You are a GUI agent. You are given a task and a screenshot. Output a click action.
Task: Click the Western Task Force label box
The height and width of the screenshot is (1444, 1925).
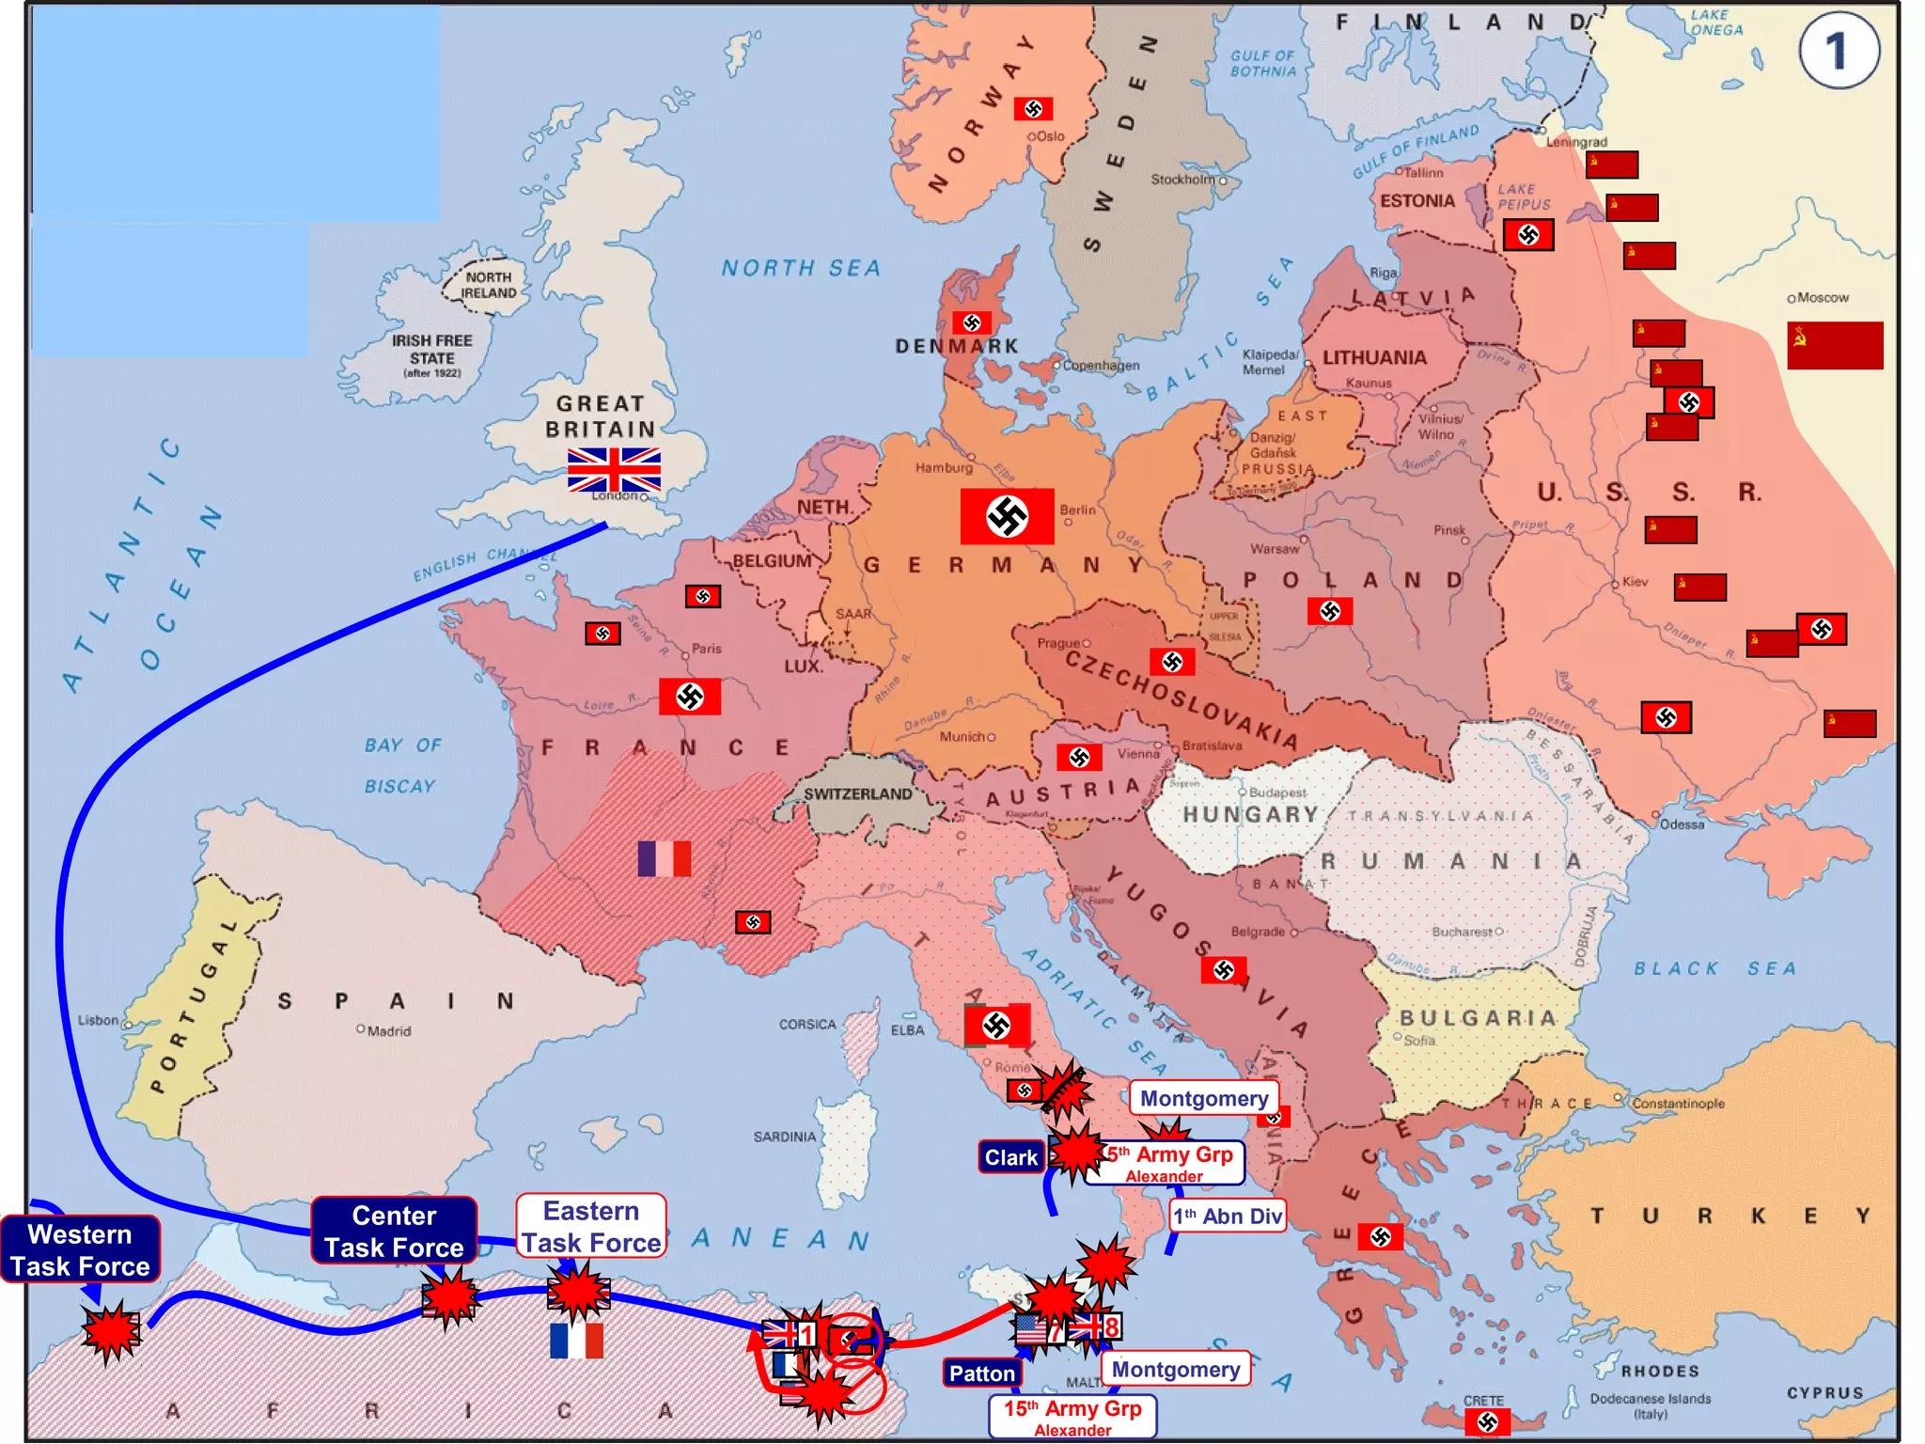80,1249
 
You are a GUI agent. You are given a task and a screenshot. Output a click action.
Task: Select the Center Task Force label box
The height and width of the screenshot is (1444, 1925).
394,1231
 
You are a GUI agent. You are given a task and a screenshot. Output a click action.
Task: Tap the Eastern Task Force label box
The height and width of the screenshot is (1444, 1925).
591,1226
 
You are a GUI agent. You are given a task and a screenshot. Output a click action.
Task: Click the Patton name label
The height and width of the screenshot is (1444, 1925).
982,1373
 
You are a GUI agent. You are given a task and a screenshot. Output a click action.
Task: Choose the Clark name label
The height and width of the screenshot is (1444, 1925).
1011,1157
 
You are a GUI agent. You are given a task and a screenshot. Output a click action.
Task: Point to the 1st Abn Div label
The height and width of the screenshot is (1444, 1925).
1228,1216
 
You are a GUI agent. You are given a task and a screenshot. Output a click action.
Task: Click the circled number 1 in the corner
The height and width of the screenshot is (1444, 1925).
1838,51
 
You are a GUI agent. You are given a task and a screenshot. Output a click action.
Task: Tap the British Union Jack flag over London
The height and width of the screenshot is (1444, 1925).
614,470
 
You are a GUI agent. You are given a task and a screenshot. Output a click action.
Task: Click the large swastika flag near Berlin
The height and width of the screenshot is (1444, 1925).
1007,516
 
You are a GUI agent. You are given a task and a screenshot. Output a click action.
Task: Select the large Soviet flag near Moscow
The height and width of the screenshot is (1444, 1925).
1834,345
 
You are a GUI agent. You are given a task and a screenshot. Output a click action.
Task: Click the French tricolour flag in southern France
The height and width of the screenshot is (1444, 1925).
665,858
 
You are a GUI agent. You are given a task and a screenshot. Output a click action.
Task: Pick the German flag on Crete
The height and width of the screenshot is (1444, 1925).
1487,1421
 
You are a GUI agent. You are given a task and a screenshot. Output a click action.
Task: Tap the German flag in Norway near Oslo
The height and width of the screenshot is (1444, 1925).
1033,109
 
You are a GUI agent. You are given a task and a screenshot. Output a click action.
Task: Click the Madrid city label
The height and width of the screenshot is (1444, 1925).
388,1031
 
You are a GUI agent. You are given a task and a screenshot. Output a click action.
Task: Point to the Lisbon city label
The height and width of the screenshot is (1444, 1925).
99,1020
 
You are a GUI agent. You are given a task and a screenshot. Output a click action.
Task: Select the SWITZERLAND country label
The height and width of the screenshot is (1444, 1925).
857,794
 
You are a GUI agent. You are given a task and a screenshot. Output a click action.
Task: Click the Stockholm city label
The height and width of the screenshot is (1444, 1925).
1182,179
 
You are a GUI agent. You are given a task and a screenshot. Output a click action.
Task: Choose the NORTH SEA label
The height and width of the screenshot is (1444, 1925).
801,269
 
